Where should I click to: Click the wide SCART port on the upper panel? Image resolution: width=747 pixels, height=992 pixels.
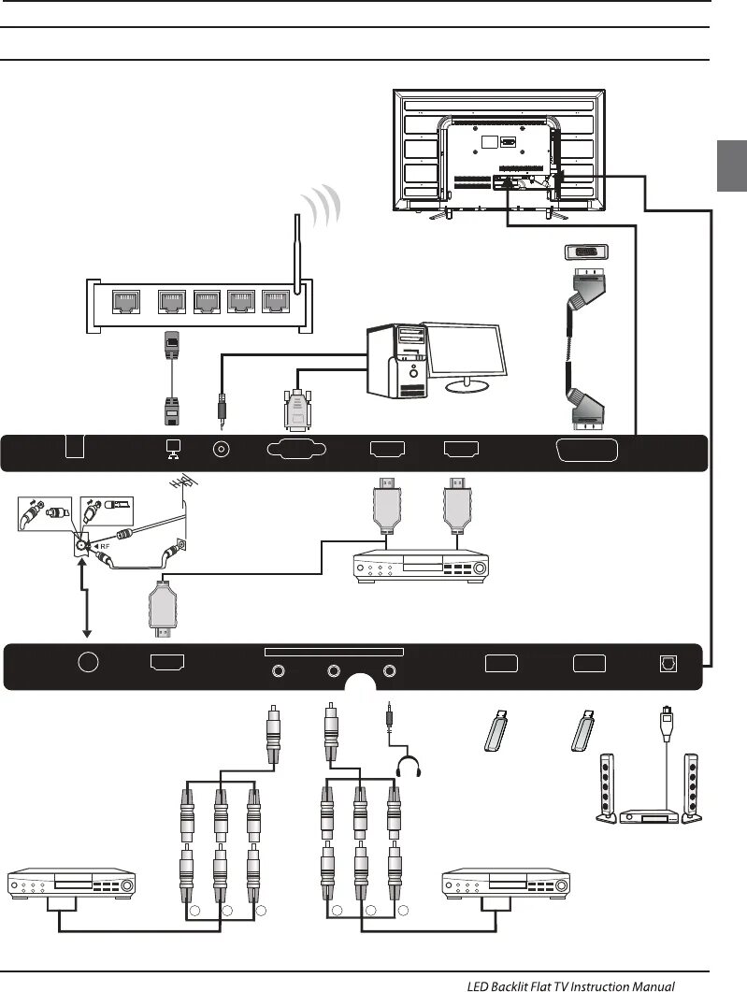587,450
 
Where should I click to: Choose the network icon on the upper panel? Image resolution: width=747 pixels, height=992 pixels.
172,449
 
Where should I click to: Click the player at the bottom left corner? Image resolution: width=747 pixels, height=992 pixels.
71,884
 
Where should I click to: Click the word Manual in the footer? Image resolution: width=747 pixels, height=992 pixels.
650,985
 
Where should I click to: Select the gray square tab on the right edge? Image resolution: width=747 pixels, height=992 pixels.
732,166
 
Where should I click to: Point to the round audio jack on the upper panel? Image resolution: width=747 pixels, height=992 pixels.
223,450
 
